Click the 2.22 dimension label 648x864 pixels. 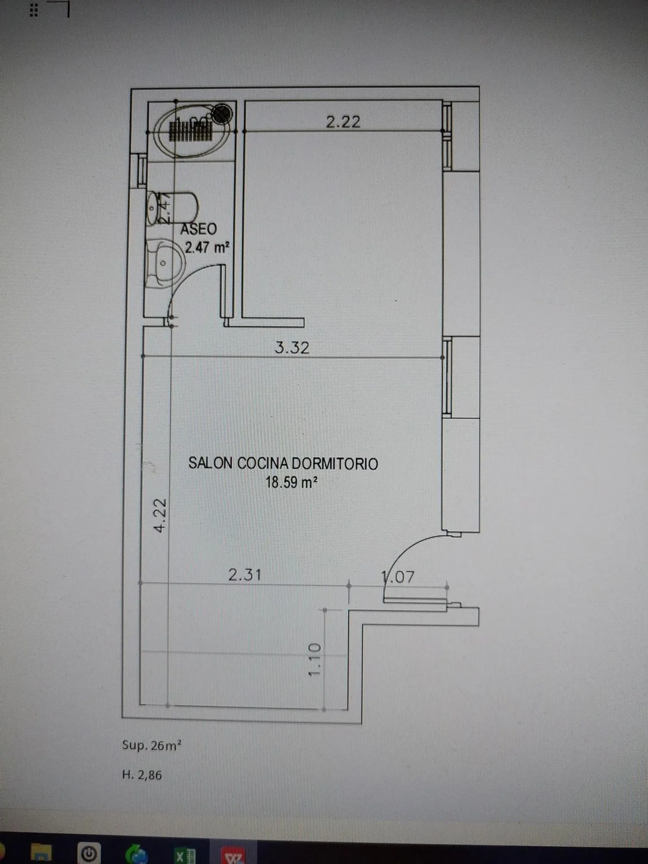343,122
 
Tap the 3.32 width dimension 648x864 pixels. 292,348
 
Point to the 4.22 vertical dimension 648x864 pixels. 160,515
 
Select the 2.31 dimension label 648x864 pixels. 245,575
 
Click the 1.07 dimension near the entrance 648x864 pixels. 398,577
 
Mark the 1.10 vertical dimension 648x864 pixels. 314,660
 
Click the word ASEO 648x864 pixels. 199,229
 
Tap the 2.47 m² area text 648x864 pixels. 207,248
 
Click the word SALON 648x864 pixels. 210,464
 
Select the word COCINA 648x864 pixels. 263,464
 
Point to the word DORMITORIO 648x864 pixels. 335,464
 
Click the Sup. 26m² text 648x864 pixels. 152,745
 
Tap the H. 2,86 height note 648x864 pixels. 142,775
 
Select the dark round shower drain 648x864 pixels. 223,114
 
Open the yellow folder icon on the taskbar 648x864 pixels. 42,853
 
